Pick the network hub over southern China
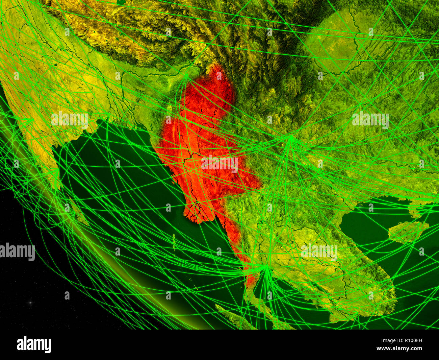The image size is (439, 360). click(290, 137)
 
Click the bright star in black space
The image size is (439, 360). click(30, 303)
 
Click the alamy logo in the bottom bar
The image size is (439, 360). click(34, 345)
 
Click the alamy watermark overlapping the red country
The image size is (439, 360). click(219, 164)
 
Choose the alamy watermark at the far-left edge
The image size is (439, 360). click(17, 252)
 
